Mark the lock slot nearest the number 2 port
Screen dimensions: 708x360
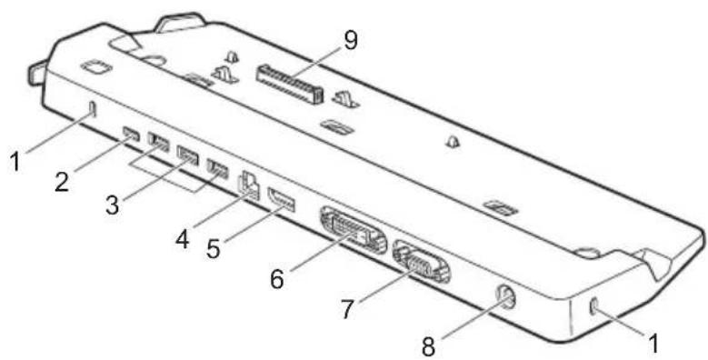pyautogui.click(x=92, y=110)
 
